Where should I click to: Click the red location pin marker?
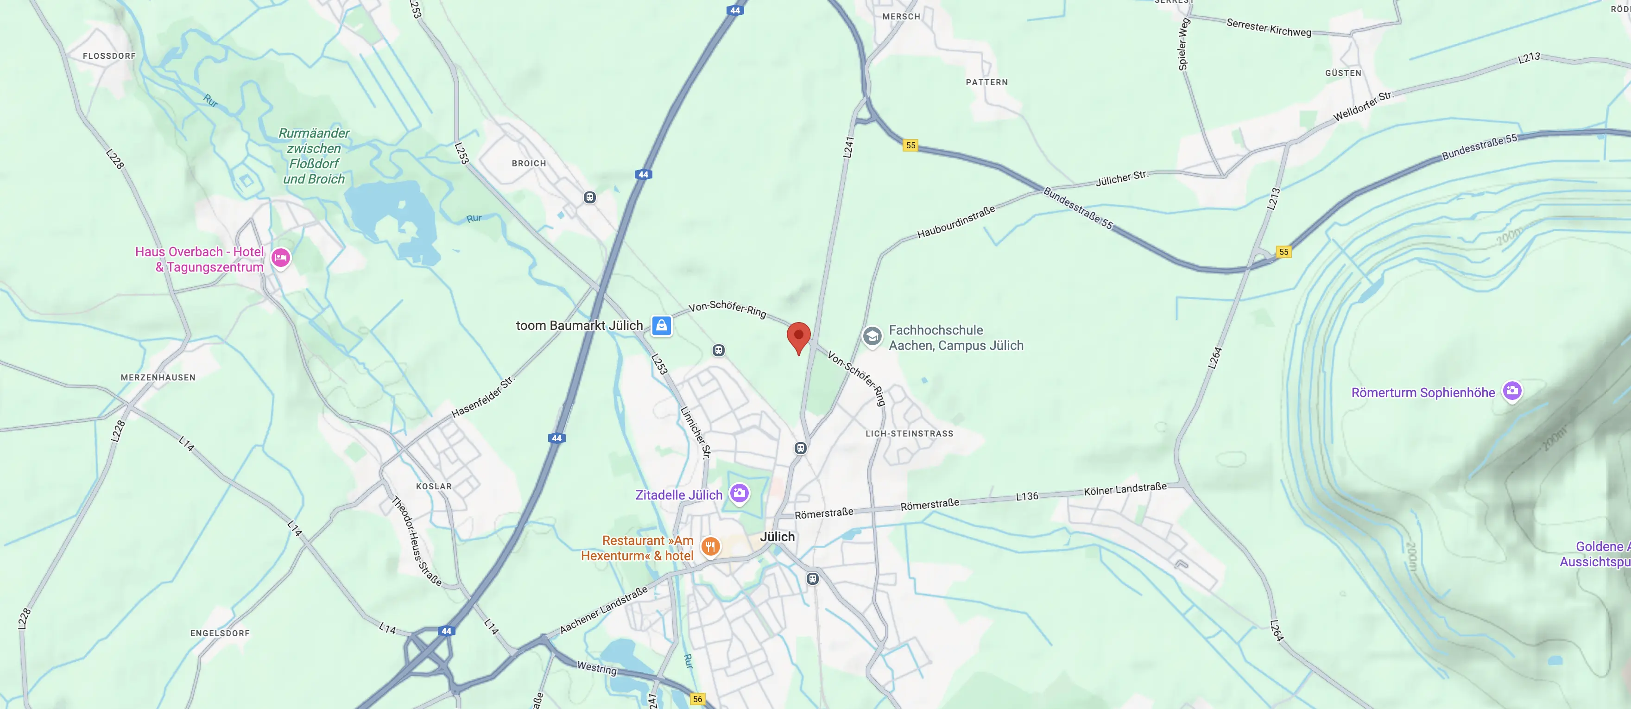[x=798, y=336]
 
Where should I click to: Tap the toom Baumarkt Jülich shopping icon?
[x=662, y=325]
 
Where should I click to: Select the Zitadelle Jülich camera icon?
[x=739, y=493]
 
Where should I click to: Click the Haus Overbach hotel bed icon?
[x=280, y=258]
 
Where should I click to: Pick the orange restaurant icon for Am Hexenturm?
[x=710, y=546]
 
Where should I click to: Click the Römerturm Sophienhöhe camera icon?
[x=1512, y=391]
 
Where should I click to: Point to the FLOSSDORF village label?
[x=109, y=56]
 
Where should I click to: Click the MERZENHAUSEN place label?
[x=158, y=377]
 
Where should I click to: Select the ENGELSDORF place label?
[x=220, y=633]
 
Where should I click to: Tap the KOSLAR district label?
[x=434, y=486]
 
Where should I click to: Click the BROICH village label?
[x=529, y=163]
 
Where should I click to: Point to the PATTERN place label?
[x=986, y=82]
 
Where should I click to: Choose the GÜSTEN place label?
[x=1343, y=73]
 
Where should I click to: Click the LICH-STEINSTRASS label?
[x=909, y=434]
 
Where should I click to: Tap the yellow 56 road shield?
[x=697, y=699]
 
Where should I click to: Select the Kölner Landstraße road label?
[x=1125, y=489]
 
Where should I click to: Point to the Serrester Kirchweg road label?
[x=1269, y=28]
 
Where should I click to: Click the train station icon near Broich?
[x=589, y=197]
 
